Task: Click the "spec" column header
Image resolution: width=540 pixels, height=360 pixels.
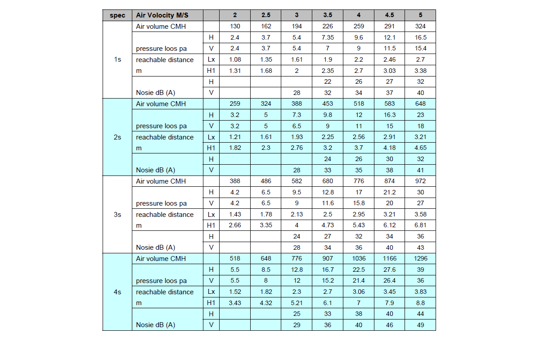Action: [117, 15]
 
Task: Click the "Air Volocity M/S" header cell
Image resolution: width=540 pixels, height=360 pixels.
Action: [162, 15]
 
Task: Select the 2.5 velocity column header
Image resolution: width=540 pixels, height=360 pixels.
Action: [266, 15]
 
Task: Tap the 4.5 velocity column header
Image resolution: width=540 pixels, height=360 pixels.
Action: [390, 15]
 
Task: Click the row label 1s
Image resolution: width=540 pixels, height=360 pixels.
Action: [117, 59]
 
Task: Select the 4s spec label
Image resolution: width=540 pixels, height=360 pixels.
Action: [117, 292]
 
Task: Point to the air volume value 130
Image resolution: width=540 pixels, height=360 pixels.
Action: [235, 27]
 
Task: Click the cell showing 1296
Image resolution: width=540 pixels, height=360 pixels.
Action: [420, 259]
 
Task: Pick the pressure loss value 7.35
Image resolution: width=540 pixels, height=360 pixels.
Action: [328, 37]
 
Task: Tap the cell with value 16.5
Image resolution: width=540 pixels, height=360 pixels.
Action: [420, 37]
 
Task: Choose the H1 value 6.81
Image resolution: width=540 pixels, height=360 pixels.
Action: [420, 225]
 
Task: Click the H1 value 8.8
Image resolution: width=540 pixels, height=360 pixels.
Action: [420, 303]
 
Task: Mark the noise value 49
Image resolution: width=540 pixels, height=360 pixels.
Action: [420, 325]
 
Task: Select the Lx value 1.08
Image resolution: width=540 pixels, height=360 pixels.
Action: [235, 59]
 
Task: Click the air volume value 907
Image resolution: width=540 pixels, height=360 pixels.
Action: [328, 259]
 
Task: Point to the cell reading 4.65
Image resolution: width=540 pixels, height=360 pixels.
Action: [420, 148]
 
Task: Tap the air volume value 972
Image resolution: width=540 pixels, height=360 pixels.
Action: [420, 181]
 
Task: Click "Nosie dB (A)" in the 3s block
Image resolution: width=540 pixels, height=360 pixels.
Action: [155, 247]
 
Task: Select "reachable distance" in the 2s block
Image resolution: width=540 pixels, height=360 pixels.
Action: [165, 137]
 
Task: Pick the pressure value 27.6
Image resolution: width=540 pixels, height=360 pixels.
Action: [390, 270]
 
